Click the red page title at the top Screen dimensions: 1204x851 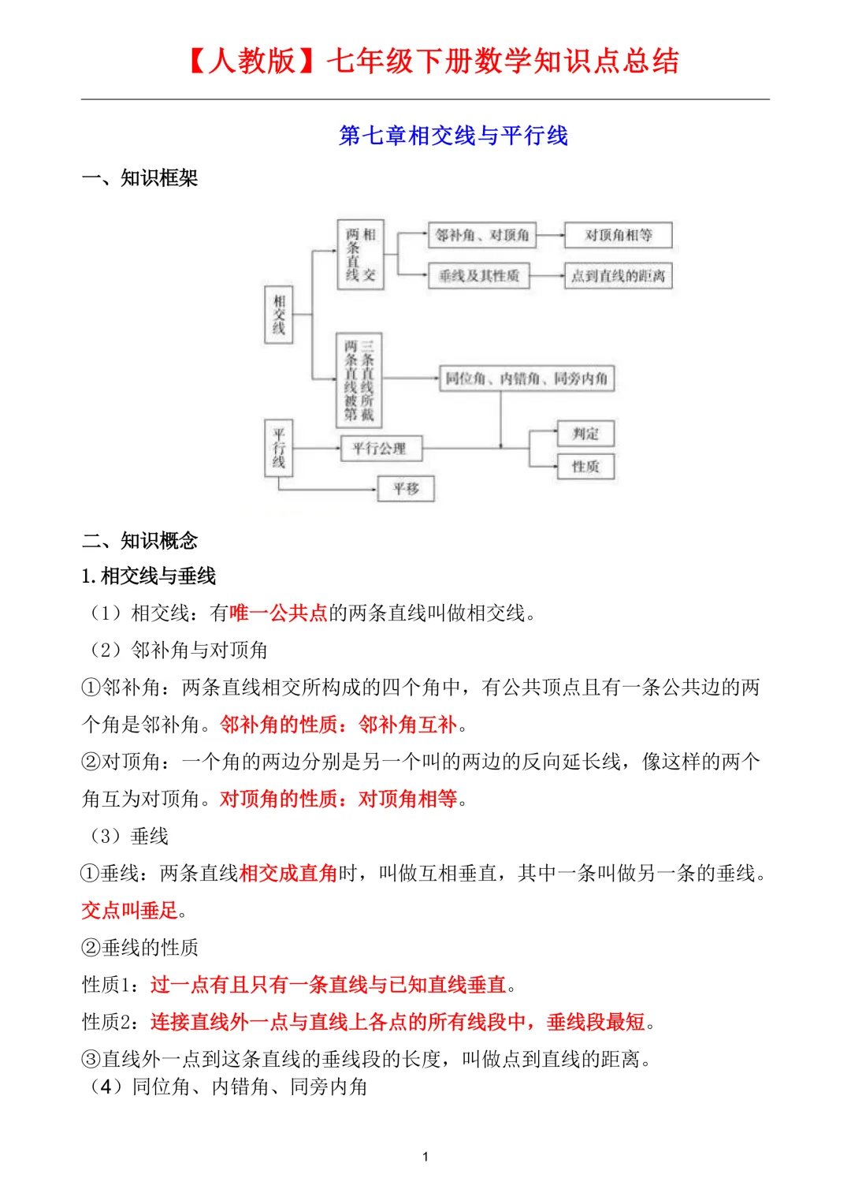pyautogui.click(x=433, y=61)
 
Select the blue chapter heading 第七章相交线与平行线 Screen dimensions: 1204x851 pyautogui.click(x=453, y=136)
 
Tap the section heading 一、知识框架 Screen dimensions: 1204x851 pyautogui.click(x=139, y=178)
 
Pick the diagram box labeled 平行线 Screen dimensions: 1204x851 pyautogui.click(x=278, y=448)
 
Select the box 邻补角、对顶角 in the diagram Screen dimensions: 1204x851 pyautogui.click(x=481, y=235)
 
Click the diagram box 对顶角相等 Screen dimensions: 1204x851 pyautogui.click(x=618, y=235)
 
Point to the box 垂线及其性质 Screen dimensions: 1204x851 pyautogui.click(x=478, y=275)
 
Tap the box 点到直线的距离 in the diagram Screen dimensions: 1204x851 pyautogui.click(x=618, y=276)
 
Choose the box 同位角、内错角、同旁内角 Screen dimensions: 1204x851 pyautogui.click(x=526, y=378)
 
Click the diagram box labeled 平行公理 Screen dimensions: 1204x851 pyautogui.click(x=381, y=448)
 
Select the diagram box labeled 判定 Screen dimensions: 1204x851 pyautogui.click(x=585, y=433)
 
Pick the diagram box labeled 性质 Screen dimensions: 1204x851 pyautogui.click(x=585, y=466)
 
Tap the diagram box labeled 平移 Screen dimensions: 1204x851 pyautogui.click(x=406, y=488)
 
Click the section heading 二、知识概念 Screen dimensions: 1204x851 pyautogui.click(x=139, y=540)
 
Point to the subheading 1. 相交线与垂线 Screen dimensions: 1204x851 pyautogui.click(x=148, y=576)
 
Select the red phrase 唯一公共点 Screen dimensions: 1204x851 pyautogui.click(x=278, y=613)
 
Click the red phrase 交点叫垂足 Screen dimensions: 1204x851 pyautogui.click(x=129, y=911)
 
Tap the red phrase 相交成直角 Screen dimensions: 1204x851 pyautogui.click(x=288, y=874)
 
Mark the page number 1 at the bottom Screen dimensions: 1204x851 pyautogui.click(x=425, y=1157)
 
